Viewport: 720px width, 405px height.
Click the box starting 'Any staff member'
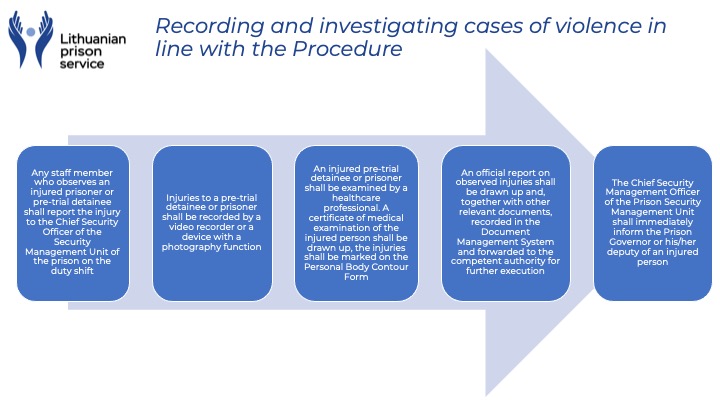click(x=72, y=223)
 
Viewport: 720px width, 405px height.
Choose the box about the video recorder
click(x=213, y=223)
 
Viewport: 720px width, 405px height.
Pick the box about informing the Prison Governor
click(x=654, y=223)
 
